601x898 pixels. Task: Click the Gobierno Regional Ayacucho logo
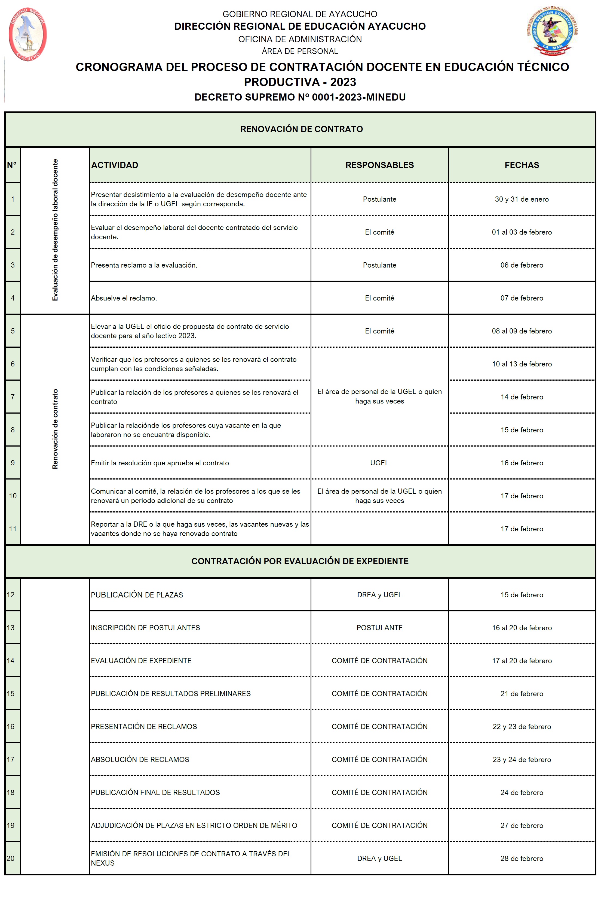[27, 34]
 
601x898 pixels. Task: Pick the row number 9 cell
[13, 463]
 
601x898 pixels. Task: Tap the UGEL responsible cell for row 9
[379, 463]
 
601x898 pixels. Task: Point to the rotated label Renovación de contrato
[55, 429]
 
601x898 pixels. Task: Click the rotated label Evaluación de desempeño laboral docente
[55, 230]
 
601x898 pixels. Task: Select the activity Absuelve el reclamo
[124, 298]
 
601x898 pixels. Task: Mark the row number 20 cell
[11, 858]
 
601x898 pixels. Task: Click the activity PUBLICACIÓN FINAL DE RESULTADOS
[155, 793]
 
